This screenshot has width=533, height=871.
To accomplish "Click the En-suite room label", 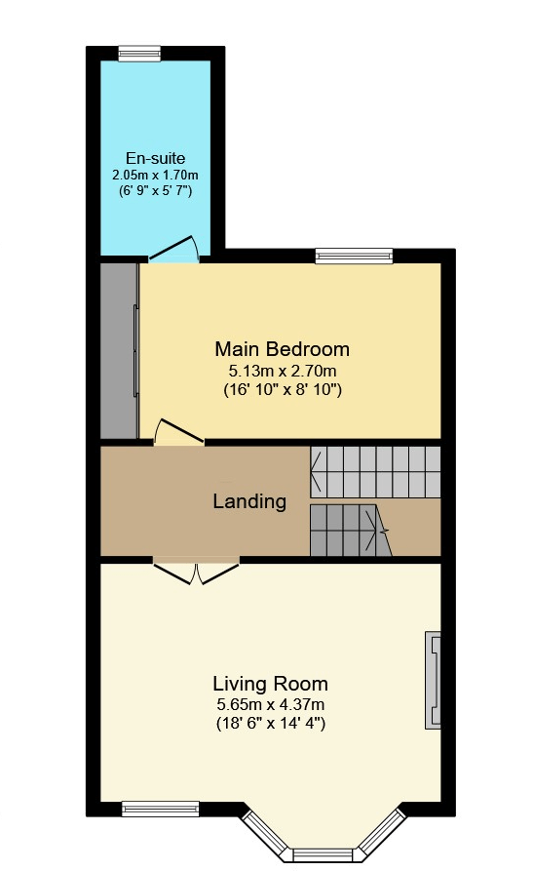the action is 155,158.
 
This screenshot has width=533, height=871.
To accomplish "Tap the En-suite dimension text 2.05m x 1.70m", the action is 155,175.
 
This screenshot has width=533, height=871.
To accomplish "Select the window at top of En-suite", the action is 139,53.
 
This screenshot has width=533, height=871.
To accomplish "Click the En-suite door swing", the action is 174,249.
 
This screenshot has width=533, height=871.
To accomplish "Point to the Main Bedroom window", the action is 354,256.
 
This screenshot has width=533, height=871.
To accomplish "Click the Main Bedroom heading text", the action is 282,349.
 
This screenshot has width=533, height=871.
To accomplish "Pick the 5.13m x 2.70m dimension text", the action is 282,370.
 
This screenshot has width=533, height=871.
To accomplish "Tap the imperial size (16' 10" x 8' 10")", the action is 282,389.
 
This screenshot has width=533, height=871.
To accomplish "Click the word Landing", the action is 249,501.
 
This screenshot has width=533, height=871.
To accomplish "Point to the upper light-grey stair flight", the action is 375,472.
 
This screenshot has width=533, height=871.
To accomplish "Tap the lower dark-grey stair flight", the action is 350,530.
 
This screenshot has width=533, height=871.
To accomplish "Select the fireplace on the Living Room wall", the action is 433,680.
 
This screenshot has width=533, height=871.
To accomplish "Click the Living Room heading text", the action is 270,684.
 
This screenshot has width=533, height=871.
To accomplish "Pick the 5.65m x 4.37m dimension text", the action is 270,705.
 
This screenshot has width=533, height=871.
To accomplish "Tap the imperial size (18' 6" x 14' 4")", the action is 270,724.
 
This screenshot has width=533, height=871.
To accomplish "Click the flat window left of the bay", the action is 160,809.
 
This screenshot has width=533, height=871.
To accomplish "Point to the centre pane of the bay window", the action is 323,854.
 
